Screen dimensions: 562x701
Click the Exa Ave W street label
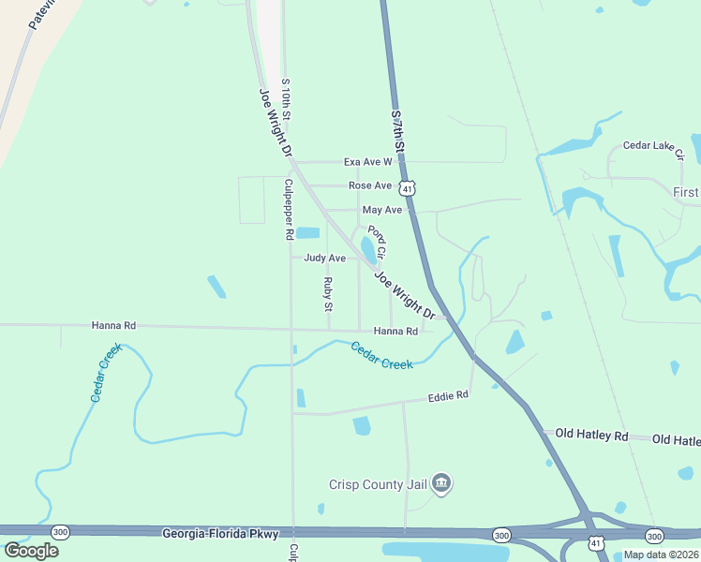pyautogui.click(x=366, y=162)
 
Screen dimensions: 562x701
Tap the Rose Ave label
pyautogui.click(x=369, y=185)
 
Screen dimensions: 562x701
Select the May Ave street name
pyautogui.click(x=381, y=210)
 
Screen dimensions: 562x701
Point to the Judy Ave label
pyautogui.click(x=324, y=258)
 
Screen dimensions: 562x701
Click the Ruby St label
pyautogui.click(x=328, y=294)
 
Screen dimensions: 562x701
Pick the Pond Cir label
pyautogui.click(x=378, y=243)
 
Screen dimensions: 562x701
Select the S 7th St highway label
pyautogui.click(x=398, y=132)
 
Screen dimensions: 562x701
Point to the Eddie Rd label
pyautogui.click(x=447, y=396)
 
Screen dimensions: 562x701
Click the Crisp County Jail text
pyautogui.click(x=378, y=484)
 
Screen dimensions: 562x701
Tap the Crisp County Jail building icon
pyautogui.click(x=441, y=483)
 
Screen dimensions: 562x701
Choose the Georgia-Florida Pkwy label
pyautogui.click(x=220, y=534)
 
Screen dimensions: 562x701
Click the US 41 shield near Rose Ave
pyautogui.click(x=407, y=187)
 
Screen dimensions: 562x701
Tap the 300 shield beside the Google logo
pyautogui.click(x=60, y=530)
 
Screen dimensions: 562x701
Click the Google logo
pyautogui.click(x=31, y=550)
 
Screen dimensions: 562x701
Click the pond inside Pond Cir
pyautogui.click(x=367, y=247)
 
